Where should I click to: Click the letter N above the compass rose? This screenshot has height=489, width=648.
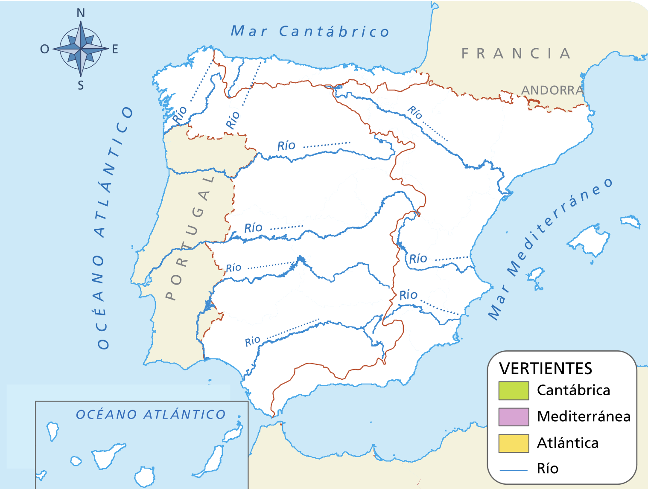pyautogui.click(x=81, y=13)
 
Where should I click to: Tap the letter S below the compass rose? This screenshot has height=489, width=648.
pyautogui.click(x=81, y=86)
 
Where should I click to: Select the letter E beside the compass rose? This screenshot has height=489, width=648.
pyautogui.click(x=115, y=49)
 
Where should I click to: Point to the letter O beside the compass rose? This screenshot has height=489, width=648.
pyautogui.click(x=44, y=49)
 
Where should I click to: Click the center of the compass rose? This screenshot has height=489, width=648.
pyautogui.click(x=81, y=49)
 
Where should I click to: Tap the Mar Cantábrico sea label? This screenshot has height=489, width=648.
pyautogui.click(x=310, y=32)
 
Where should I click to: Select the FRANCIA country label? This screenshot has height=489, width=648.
pyautogui.click(x=516, y=54)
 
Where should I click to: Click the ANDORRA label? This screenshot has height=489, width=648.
pyautogui.click(x=552, y=90)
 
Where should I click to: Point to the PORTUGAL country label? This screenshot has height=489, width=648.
pyautogui.click(x=190, y=239)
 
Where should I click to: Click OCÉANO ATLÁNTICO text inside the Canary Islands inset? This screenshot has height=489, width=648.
pyautogui.click(x=151, y=414)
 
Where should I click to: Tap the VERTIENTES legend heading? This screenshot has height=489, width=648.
pyautogui.click(x=546, y=368)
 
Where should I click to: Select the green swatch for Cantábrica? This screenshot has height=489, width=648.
pyautogui.click(x=514, y=390)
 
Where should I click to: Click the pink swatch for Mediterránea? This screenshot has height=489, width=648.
pyautogui.click(x=514, y=417)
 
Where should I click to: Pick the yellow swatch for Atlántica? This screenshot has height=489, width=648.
pyautogui.click(x=514, y=443)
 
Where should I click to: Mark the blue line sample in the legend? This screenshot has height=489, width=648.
pyautogui.click(x=514, y=470)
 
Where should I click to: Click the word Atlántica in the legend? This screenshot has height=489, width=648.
pyautogui.click(x=567, y=443)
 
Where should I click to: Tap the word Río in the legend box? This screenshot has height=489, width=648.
pyautogui.click(x=548, y=469)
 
